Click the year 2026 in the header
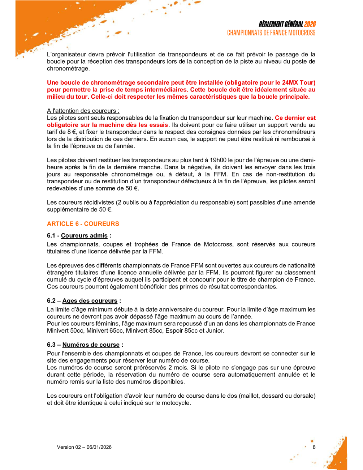[x=310, y=24]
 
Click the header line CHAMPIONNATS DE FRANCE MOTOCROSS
[x=271, y=33]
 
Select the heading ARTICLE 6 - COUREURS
[x=83, y=224]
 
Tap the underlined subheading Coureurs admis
[x=84, y=236]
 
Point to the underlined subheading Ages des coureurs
[x=90, y=301]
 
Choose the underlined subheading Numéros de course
[x=91, y=345]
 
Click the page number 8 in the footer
[x=314, y=447]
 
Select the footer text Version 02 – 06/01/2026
[x=84, y=447]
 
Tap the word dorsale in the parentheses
[x=304, y=396]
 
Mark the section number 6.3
[x=51, y=345]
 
